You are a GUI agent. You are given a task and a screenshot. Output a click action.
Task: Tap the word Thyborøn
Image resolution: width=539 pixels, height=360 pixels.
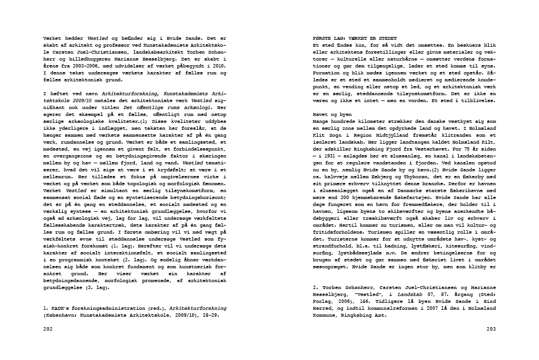click(409, 177)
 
